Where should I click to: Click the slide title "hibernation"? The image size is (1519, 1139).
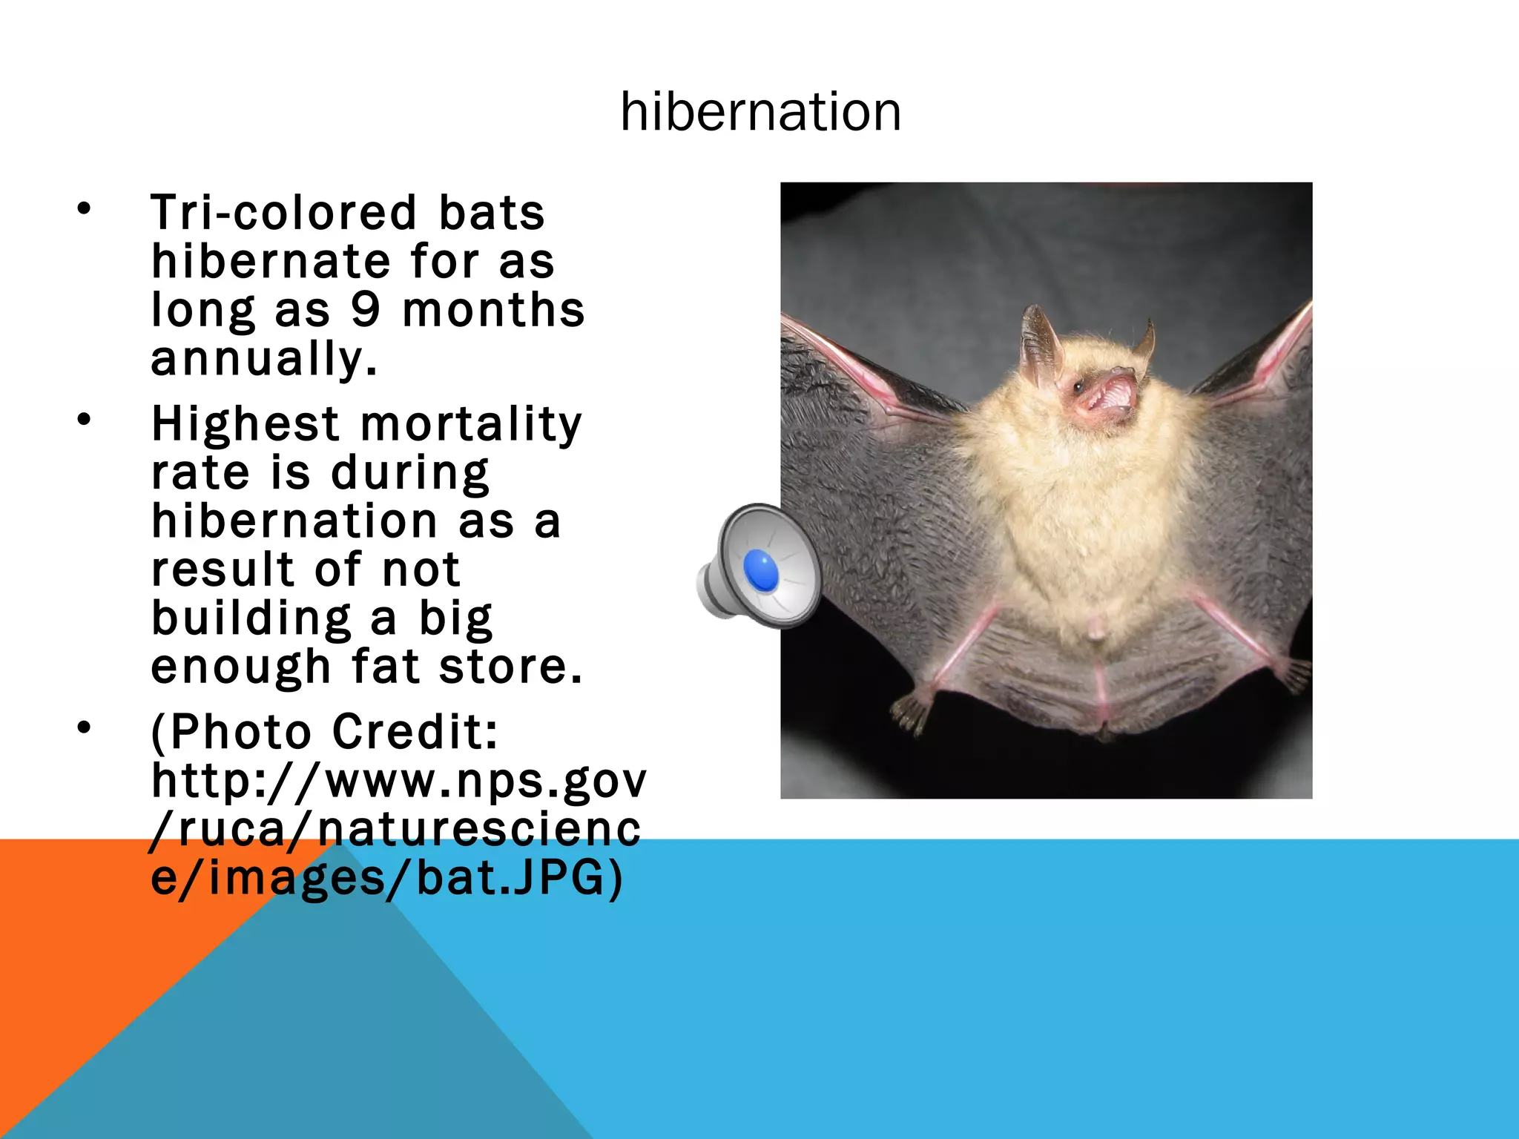pyautogui.click(x=760, y=112)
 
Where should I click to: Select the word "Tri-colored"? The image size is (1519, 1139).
pyautogui.click(x=284, y=213)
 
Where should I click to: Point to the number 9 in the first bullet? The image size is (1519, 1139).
pyautogui.click(x=365, y=310)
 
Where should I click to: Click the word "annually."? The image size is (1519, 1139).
pyautogui.click(x=264, y=359)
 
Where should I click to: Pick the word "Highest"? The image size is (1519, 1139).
pyautogui.click(x=246, y=424)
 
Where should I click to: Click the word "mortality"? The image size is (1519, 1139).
pyautogui.click(x=471, y=424)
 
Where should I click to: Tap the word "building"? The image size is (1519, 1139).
pyautogui.click(x=251, y=618)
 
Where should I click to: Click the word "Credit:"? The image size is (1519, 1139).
pyautogui.click(x=415, y=732)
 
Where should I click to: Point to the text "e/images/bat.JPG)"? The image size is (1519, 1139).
pyautogui.click(x=386, y=878)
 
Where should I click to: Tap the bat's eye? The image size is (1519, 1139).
pyautogui.click(x=1078, y=386)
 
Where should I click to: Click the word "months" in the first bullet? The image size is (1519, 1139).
pyautogui.click(x=493, y=310)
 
